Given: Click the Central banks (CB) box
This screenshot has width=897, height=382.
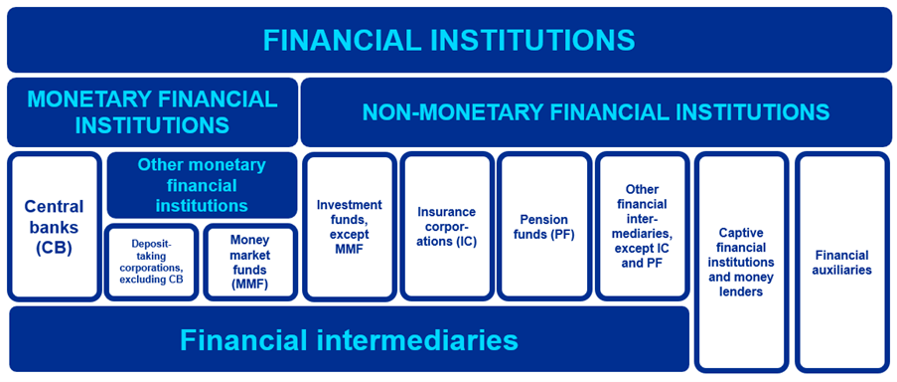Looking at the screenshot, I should click(54, 227).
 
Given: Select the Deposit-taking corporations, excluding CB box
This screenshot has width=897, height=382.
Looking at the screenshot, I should click(151, 262).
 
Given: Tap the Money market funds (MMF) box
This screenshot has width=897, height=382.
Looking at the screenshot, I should click(249, 262).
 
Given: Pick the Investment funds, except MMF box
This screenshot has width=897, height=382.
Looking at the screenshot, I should click(349, 227).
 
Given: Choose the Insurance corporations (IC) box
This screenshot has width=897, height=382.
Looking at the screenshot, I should click(446, 227).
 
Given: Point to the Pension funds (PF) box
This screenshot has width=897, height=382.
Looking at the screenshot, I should click(543, 227).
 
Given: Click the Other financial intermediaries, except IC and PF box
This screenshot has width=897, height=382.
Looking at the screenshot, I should click(642, 227).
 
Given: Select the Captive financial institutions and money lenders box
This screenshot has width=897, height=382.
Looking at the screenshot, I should click(741, 262).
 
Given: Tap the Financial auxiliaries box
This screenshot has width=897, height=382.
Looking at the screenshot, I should click(841, 262).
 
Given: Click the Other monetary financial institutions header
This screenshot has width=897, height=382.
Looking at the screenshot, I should click(202, 185).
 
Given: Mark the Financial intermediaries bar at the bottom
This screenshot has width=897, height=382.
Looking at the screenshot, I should click(349, 339).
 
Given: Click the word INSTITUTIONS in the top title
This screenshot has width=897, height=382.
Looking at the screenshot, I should click(535, 40).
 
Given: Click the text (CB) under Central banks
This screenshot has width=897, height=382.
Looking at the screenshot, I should click(55, 248).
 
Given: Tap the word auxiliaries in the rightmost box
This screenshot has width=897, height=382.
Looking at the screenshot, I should click(841, 270).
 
